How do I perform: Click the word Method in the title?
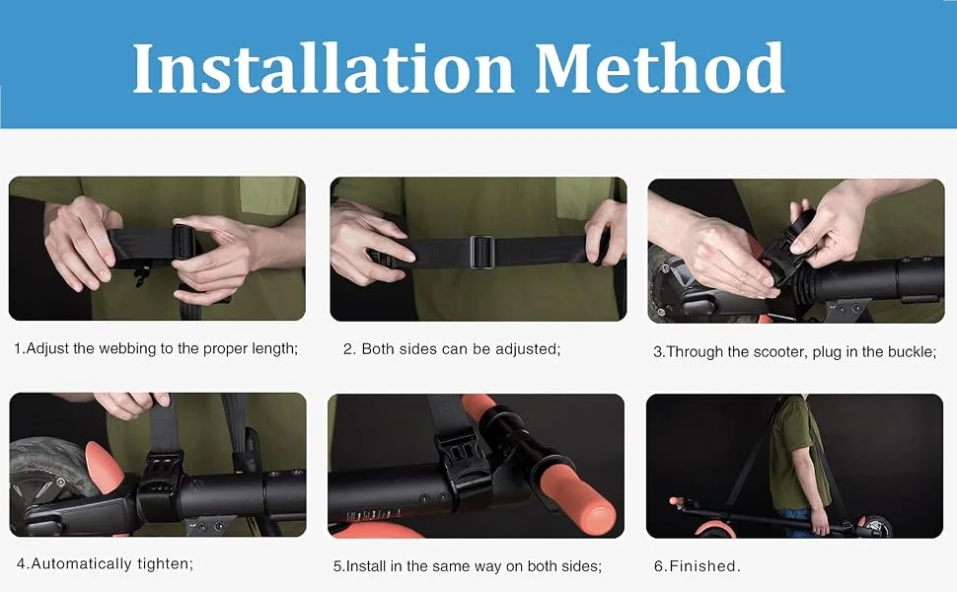tap(660, 67)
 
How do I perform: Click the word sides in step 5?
tap(582, 567)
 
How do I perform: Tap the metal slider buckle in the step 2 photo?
tap(481, 252)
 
